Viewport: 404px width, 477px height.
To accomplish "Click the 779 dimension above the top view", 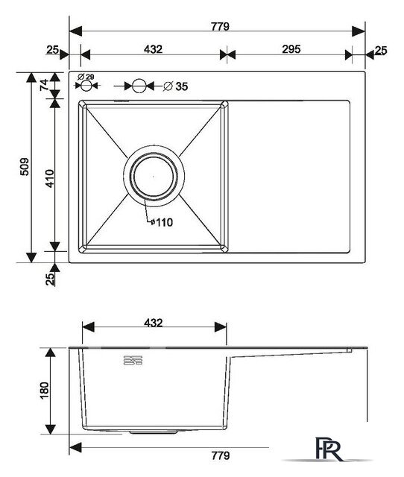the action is pos(220,27).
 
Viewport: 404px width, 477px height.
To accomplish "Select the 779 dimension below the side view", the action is pos(220,455).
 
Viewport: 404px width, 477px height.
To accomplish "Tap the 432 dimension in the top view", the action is pos(153,49).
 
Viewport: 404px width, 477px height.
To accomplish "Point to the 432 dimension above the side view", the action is pos(153,323).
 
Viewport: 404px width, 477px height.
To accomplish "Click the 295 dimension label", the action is pos(291,49).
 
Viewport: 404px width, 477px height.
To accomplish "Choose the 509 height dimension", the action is pos(25,166).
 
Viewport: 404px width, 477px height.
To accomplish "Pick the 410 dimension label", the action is pos(49,178).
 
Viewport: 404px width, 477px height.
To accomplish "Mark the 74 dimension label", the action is pos(44,84).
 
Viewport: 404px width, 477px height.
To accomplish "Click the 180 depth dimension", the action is pos(44,391).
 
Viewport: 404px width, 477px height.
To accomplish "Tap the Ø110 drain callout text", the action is pos(162,222).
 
